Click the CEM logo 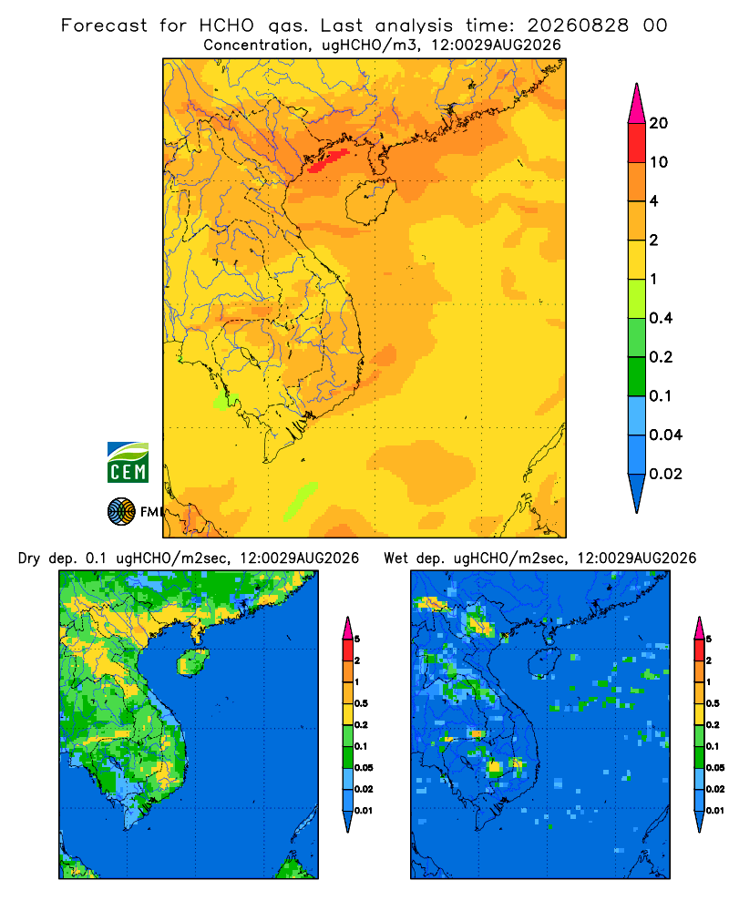point(128,463)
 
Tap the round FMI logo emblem point(121,512)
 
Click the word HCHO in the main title point(227,26)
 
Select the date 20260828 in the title point(578,26)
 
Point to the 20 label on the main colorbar point(659,123)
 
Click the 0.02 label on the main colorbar point(665,474)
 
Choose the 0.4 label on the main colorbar point(661,318)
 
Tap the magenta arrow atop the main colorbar point(637,104)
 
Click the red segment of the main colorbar point(637,143)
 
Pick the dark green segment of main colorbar point(637,376)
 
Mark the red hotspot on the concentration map point(327,160)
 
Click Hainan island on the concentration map point(370,201)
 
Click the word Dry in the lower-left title point(30,559)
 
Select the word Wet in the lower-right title point(397,558)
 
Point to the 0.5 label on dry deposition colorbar point(361,703)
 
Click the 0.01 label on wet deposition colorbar point(715,811)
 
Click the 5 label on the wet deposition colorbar point(709,640)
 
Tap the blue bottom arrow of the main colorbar point(637,493)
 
